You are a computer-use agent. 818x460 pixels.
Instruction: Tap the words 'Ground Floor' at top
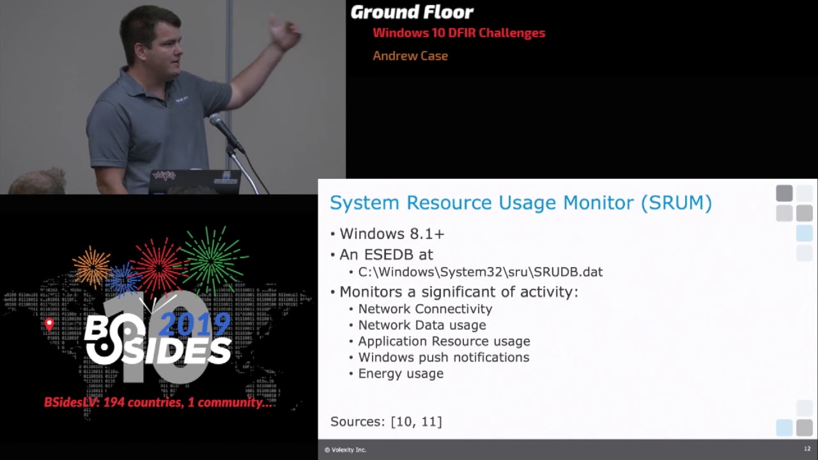tap(412, 12)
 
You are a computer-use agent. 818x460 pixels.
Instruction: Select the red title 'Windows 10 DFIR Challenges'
tap(459, 33)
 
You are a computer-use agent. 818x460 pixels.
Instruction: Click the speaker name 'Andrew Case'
tap(410, 56)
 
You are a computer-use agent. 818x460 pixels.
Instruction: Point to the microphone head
tap(217, 120)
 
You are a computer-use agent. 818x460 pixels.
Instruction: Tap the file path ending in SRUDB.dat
tap(480, 272)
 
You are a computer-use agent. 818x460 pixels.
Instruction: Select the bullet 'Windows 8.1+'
tap(392, 234)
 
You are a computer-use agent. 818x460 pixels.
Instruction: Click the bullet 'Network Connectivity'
tap(425, 309)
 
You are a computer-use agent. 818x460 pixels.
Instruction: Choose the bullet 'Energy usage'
tap(401, 374)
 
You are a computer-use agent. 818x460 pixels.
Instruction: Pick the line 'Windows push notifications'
tap(444, 357)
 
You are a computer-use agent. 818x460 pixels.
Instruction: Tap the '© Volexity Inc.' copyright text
tap(345, 450)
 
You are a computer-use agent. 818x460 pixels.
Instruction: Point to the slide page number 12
tap(807, 449)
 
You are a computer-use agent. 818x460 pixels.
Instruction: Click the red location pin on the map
tap(49, 324)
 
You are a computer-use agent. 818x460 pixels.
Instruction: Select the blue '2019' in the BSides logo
tap(194, 325)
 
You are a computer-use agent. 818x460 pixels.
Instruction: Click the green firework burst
tap(212, 258)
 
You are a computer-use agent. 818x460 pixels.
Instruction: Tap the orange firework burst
tap(92, 266)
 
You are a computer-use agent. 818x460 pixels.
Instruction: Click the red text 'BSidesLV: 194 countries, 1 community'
tap(160, 402)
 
